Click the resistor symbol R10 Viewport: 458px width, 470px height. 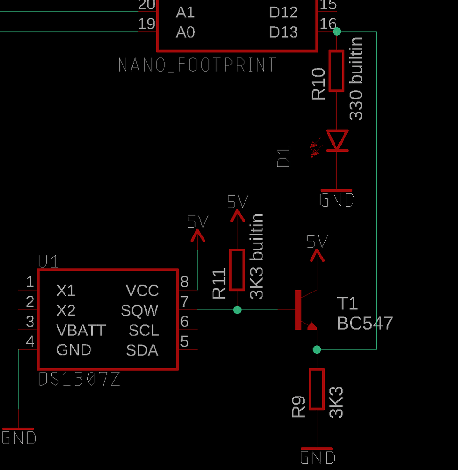[336, 71]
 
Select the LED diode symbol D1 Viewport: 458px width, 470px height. [337, 140]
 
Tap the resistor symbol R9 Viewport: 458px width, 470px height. [317, 389]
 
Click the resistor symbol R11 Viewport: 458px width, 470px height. [237, 270]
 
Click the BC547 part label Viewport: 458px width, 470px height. [364, 323]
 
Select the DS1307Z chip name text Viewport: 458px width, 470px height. [79, 379]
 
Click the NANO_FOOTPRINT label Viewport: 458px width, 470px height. [197, 65]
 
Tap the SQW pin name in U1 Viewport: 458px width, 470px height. [139, 310]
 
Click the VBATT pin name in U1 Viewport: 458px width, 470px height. [81, 330]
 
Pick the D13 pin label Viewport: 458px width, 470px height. [284, 32]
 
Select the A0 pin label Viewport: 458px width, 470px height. [185, 32]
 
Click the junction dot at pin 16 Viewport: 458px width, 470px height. [336, 32]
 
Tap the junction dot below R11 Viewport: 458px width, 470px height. [237, 309]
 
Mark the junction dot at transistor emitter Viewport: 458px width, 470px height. [317, 349]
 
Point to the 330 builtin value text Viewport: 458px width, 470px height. [357, 79]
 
